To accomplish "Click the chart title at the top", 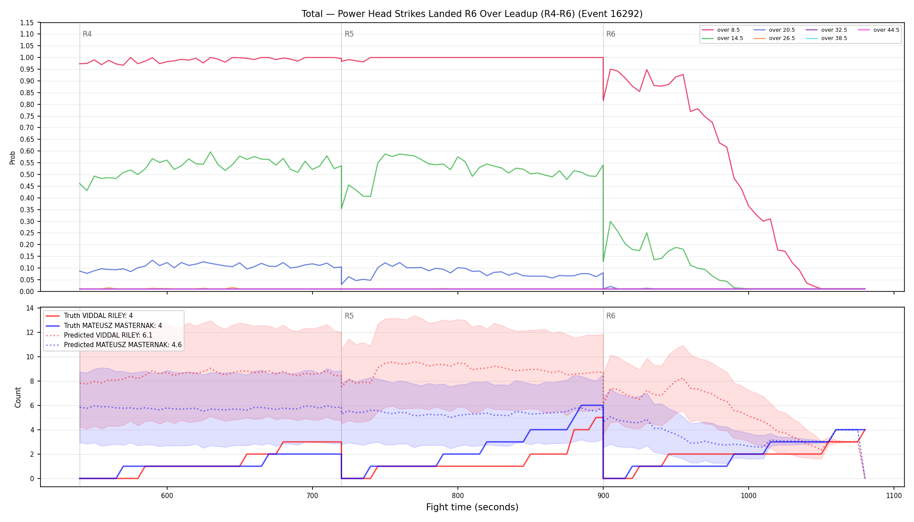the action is pyautogui.click(x=472, y=14).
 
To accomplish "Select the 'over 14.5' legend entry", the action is pyautogui.click(x=722, y=38).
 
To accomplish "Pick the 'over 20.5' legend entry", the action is pyautogui.click(x=774, y=30).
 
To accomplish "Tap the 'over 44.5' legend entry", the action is pyautogui.click(x=879, y=30).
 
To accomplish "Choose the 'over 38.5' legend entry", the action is pyautogui.click(x=827, y=38).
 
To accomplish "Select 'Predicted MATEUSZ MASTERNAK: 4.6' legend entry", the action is pyautogui.click(x=114, y=345).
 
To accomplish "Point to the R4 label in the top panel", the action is pyautogui.click(x=87, y=34).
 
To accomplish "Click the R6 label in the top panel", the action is pyautogui.click(x=611, y=34).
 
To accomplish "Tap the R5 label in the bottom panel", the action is pyautogui.click(x=349, y=316).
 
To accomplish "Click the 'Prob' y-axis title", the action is pyautogui.click(x=13, y=157).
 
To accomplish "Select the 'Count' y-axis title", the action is pyautogui.click(x=18, y=397).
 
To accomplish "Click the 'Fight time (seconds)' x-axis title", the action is pyautogui.click(x=472, y=507).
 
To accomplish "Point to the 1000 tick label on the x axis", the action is pyautogui.click(x=749, y=496).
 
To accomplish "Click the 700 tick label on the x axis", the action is pyautogui.click(x=313, y=496).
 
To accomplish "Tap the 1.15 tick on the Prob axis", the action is pyautogui.click(x=27, y=23).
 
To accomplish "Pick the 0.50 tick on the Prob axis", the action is pyautogui.click(x=27, y=174).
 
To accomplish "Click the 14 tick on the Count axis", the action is pyautogui.click(x=30, y=308).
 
